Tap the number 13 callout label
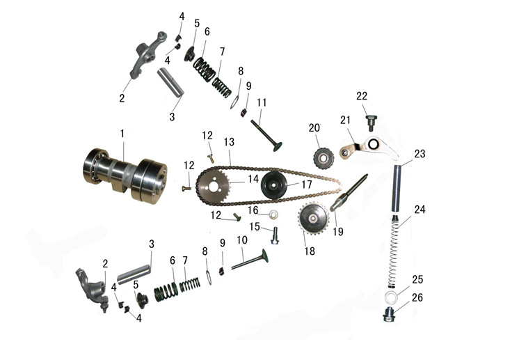tap(229, 142)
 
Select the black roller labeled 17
tap(273, 185)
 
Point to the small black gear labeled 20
tap(324, 158)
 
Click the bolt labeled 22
tap(371, 123)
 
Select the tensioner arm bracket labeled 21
tap(369, 148)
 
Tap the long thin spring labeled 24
tap(393, 251)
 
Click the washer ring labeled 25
tap(391, 297)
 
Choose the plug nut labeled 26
tap(390, 315)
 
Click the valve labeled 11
tap(266, 136)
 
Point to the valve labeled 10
tap(250, 260)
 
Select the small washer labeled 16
tap(273, 215)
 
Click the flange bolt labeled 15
tap(274, 236)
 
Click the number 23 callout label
tap(420, 154)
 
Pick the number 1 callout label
tap(122, 134)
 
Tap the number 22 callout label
tap(362, 96)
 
